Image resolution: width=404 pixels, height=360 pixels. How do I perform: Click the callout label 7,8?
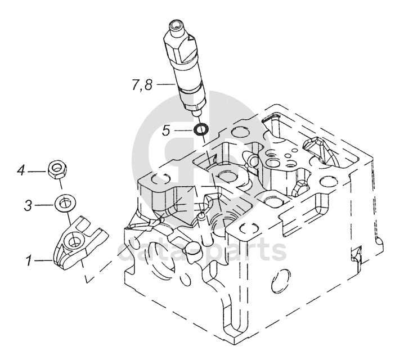click(142, 85)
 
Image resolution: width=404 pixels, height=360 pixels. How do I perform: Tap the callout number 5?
click(166, 130)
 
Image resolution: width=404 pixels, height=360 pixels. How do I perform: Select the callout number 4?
click(21, 171)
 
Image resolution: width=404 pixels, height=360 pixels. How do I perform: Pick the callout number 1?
click(29, 260)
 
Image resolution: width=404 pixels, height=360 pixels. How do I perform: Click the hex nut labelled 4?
click(57, 170)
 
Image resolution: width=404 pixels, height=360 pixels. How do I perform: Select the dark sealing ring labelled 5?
click(201, 129)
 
